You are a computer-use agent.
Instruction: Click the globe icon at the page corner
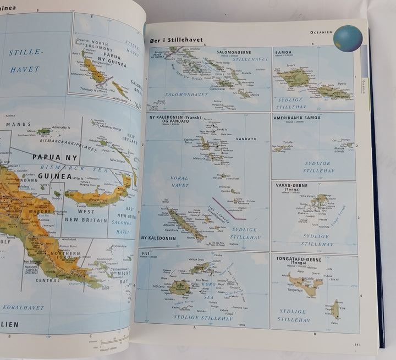coord(348,38)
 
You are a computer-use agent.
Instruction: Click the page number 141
coord(358,345)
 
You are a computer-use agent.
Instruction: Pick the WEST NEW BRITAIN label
coord(86,215)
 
